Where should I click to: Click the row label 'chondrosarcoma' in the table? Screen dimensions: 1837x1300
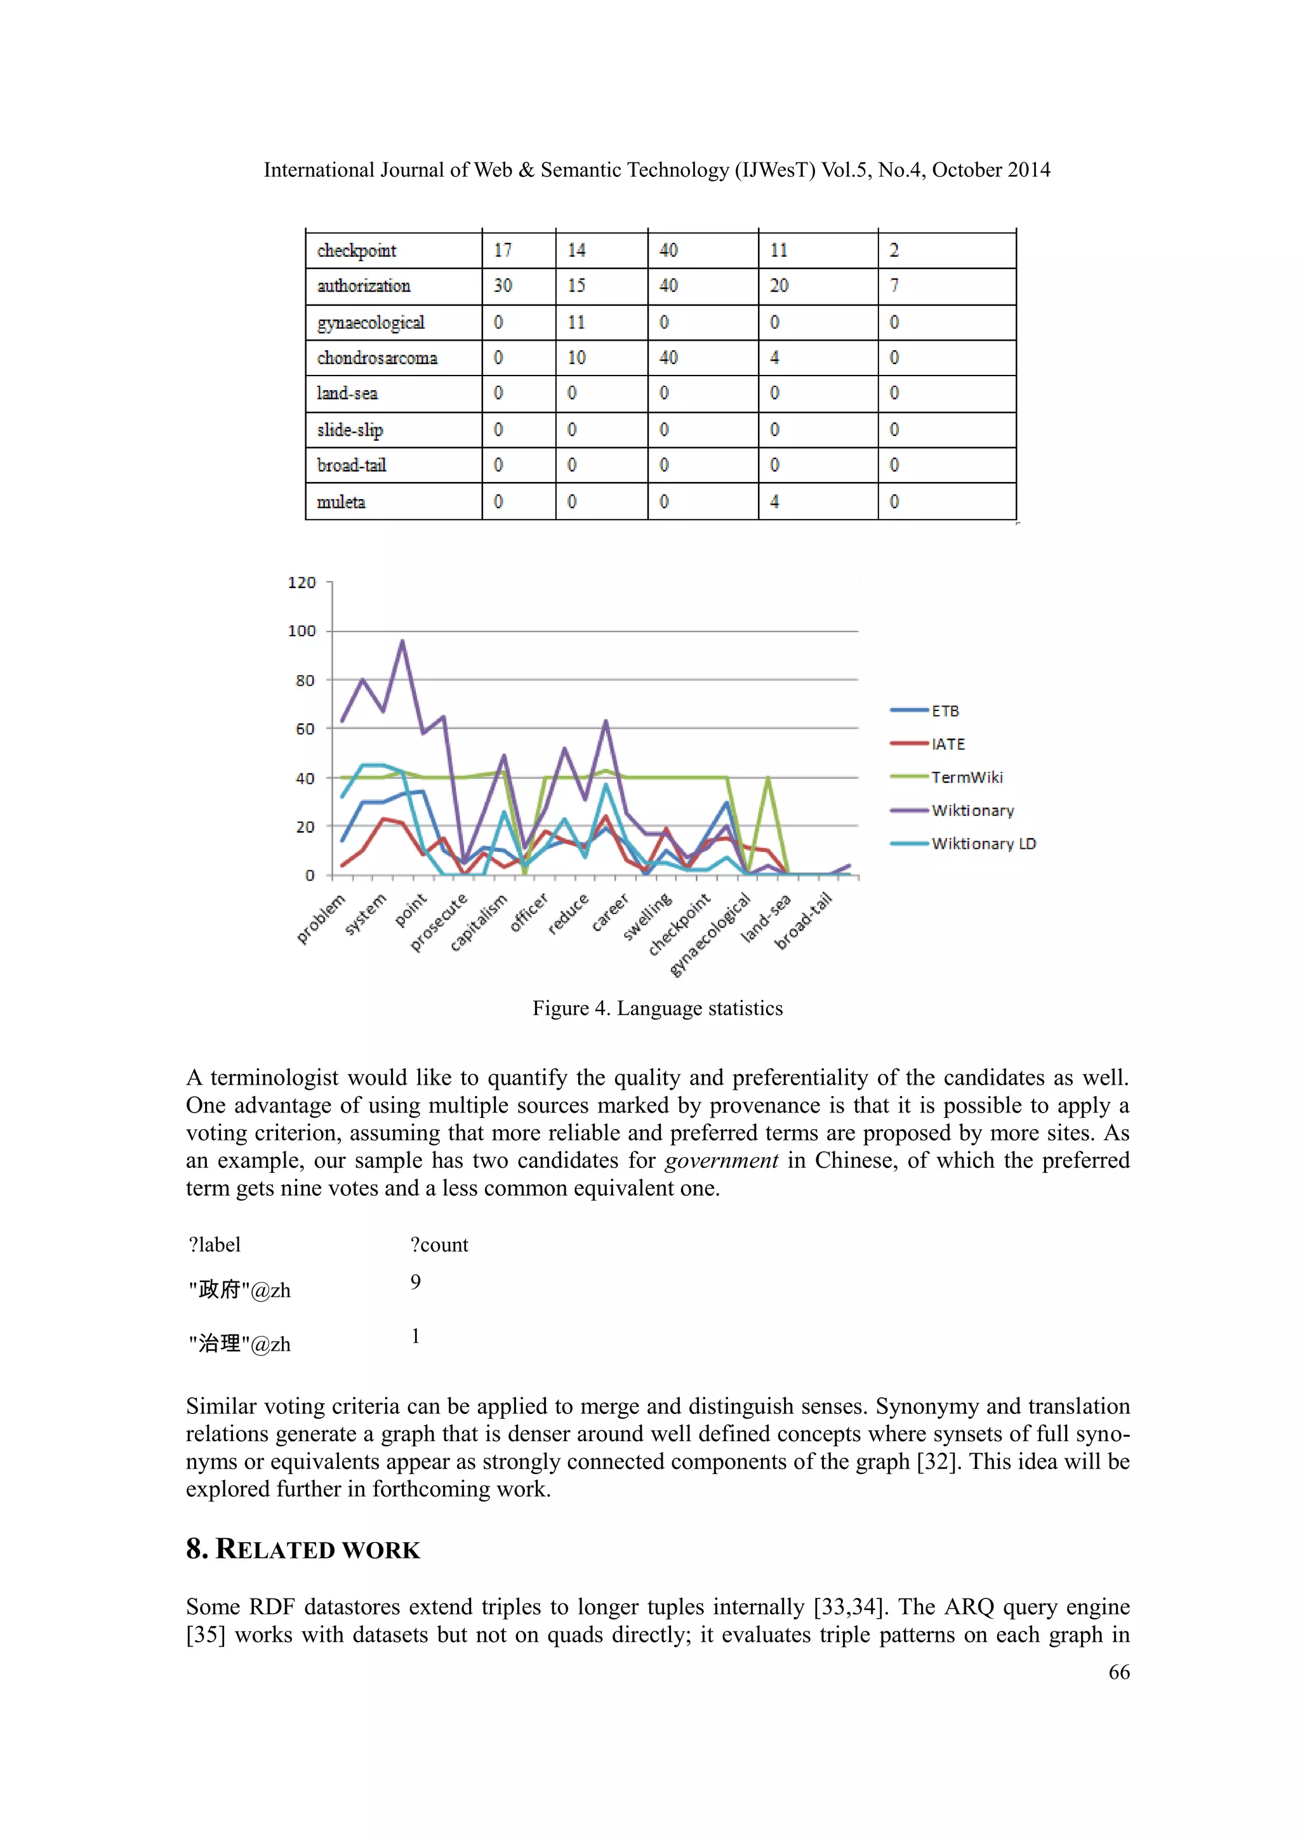click(x=377, y=358)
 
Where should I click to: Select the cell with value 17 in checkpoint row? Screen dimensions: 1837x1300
click(x=503, y=251)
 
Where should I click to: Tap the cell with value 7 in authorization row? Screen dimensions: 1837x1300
click(x=894, y=285)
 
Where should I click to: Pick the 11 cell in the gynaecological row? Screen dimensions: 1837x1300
click(x=576, y=322)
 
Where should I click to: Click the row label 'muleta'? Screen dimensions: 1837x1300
click(x=341, y=502)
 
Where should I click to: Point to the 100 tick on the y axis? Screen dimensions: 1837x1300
click(x=302, y=631)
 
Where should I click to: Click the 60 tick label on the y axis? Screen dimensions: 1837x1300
click(x=305, y=729)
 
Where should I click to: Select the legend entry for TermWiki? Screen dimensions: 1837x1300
click(x=966, y=777)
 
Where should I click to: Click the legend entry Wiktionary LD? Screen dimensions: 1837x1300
click(x=983, y=843)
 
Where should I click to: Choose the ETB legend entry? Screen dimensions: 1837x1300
click(x=945, y=710)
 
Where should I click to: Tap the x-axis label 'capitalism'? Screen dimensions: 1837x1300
click(x=479, y=922)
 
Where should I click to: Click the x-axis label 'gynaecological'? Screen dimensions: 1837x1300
click(x=711, y=934)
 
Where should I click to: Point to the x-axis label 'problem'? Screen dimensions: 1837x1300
click(x=322, y=918)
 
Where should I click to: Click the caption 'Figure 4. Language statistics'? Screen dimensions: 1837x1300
click(x=657, y=1008)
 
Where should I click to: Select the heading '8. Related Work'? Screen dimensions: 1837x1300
click(x=303, y=1549)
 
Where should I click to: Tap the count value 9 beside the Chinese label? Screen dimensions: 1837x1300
click(x=416, y=1283)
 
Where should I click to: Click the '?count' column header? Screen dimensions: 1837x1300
click(x=439, y=1245)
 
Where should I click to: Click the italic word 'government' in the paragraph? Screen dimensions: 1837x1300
click(x=721, y=1160)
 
